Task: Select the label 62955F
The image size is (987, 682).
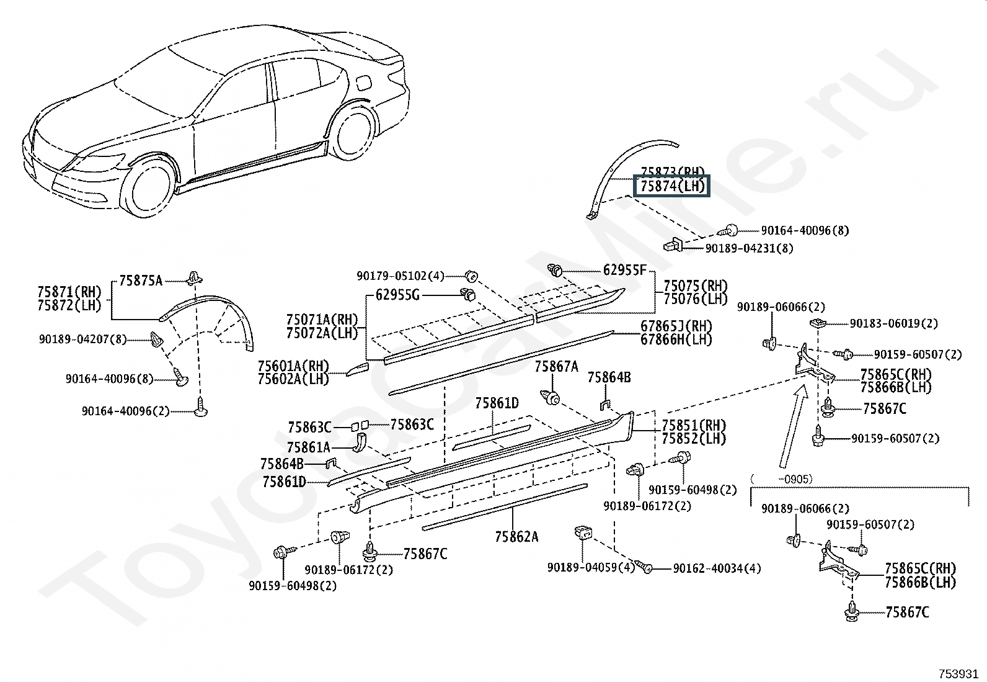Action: click(624, 270)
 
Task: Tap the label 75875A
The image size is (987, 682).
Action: click(141, 280)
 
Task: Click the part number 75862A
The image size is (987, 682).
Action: click(516, 537)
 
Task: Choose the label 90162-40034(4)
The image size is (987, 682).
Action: click(717, 568)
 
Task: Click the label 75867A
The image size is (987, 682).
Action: click(556, 367)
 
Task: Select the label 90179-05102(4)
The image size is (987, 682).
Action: click(401, 276)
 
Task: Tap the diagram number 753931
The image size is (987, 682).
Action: click(958, 674)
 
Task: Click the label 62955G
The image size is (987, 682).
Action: click(397, 295)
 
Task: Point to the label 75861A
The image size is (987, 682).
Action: click(308, 447)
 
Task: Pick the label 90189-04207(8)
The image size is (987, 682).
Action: click(82, 339)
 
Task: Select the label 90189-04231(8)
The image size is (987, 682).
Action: click(749, 248)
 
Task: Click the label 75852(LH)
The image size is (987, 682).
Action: click(694, 439)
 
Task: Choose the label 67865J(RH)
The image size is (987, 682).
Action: click(676, 326)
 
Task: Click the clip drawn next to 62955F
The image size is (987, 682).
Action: click(555, 270)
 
